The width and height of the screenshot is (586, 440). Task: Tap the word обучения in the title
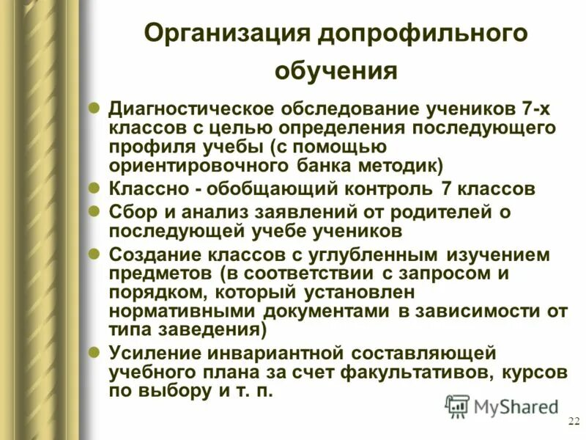click(x=336, y=71)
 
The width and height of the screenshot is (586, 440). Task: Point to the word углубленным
click(x=346, y=256)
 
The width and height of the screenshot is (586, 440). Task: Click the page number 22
click(x=573, y=420)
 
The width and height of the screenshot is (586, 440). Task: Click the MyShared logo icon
click(x=457, y=406)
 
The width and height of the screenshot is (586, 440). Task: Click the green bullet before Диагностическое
click(x=94, y=108)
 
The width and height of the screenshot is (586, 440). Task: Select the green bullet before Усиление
click(x=94, y=353)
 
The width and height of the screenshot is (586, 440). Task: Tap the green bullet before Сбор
click(x=94, y=211)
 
